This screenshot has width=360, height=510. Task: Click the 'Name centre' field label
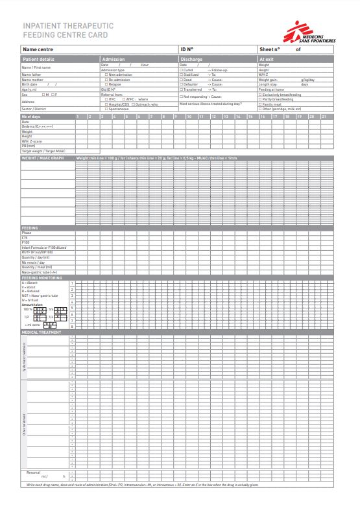(38, 49)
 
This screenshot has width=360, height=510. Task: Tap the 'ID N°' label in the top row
(187, 49)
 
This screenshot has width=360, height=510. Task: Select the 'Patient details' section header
(38, 59)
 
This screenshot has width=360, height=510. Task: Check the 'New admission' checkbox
(106, 75)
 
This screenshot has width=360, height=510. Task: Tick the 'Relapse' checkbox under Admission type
(106, 84)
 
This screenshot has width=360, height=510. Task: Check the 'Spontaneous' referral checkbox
(106, 109)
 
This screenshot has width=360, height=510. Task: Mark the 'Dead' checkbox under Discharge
(181, 80)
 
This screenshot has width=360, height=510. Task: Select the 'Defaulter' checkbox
(181, 84)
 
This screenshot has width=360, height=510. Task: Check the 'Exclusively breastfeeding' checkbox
(260, 95)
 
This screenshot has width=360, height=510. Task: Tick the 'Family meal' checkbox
(260, 104)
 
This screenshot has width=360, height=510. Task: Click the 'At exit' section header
(267, 59)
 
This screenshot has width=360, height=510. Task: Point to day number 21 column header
(324, 117)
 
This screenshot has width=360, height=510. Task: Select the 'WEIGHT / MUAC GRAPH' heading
(43, 157)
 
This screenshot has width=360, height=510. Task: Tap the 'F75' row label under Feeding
(25, 238)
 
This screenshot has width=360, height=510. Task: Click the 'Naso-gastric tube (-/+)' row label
(40, 272)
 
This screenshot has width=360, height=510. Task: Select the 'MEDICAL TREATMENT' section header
(42, 332)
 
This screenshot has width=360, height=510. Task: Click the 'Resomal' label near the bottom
(34, 472)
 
